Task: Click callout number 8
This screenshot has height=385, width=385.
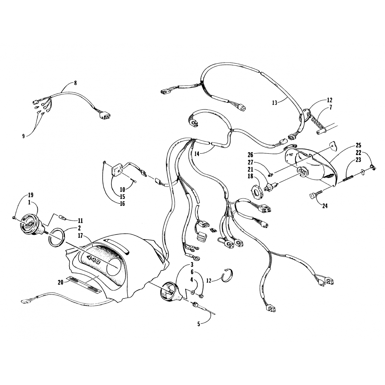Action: point(75,83)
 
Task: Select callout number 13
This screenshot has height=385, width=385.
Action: point(275,103)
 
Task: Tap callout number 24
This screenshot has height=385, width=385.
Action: point(325,206)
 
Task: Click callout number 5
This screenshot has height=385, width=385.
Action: point(198,324)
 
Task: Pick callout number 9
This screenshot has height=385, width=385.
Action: point(23,136)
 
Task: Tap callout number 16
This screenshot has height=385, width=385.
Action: point(122,204)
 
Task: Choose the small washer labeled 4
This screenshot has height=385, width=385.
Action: point(192,292)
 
